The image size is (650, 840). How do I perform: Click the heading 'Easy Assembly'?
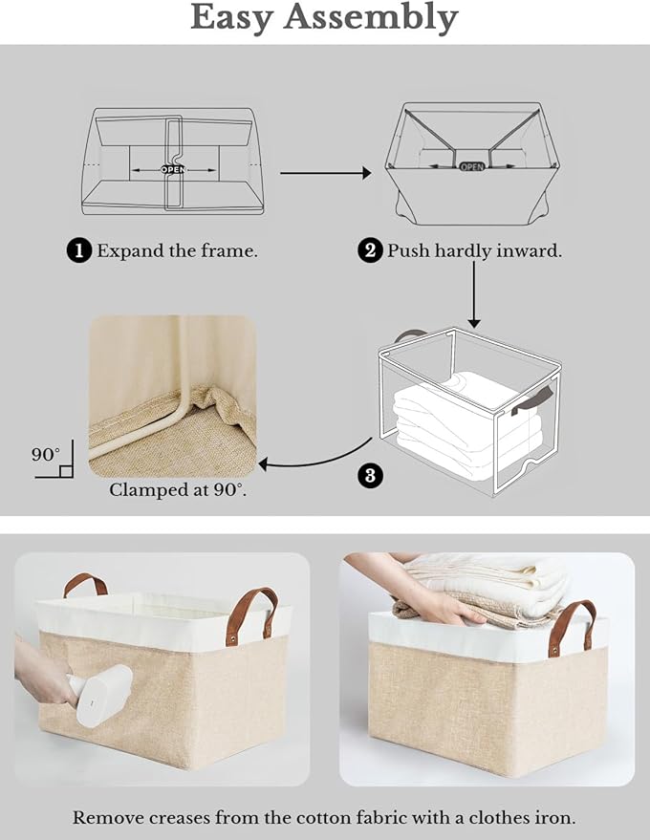(324, 18)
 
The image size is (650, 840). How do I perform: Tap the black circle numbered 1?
(79, 251)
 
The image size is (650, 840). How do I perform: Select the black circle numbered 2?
(370, 251)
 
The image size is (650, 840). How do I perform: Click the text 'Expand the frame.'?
(177, 251)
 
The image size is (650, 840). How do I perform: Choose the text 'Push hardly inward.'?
(474, 251)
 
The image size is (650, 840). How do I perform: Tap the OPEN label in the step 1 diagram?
(173, 169)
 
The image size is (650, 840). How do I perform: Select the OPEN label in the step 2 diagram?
(472, 165)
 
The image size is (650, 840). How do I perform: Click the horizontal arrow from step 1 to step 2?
(324, 173)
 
